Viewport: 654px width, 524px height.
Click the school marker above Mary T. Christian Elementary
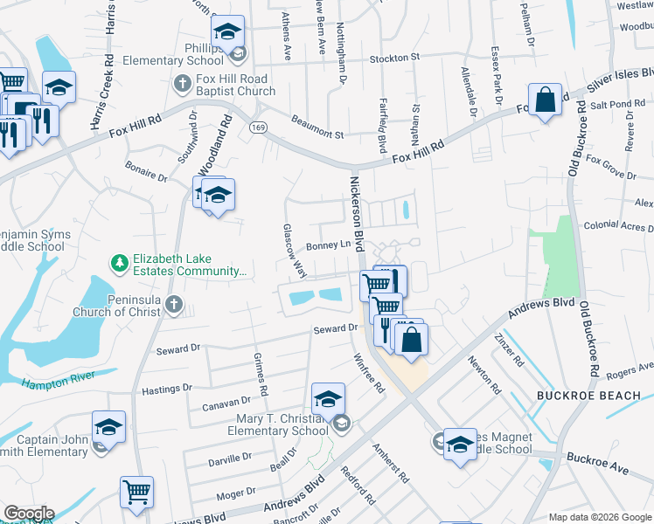pos(328,398)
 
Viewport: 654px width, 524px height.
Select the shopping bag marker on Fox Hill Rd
pos(545,100)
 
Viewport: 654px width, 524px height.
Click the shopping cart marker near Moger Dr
pos(136,493)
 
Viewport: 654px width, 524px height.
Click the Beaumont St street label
pos(317,128)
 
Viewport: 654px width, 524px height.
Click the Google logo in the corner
pos(28,514)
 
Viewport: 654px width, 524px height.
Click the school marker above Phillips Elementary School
pos(228,33)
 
